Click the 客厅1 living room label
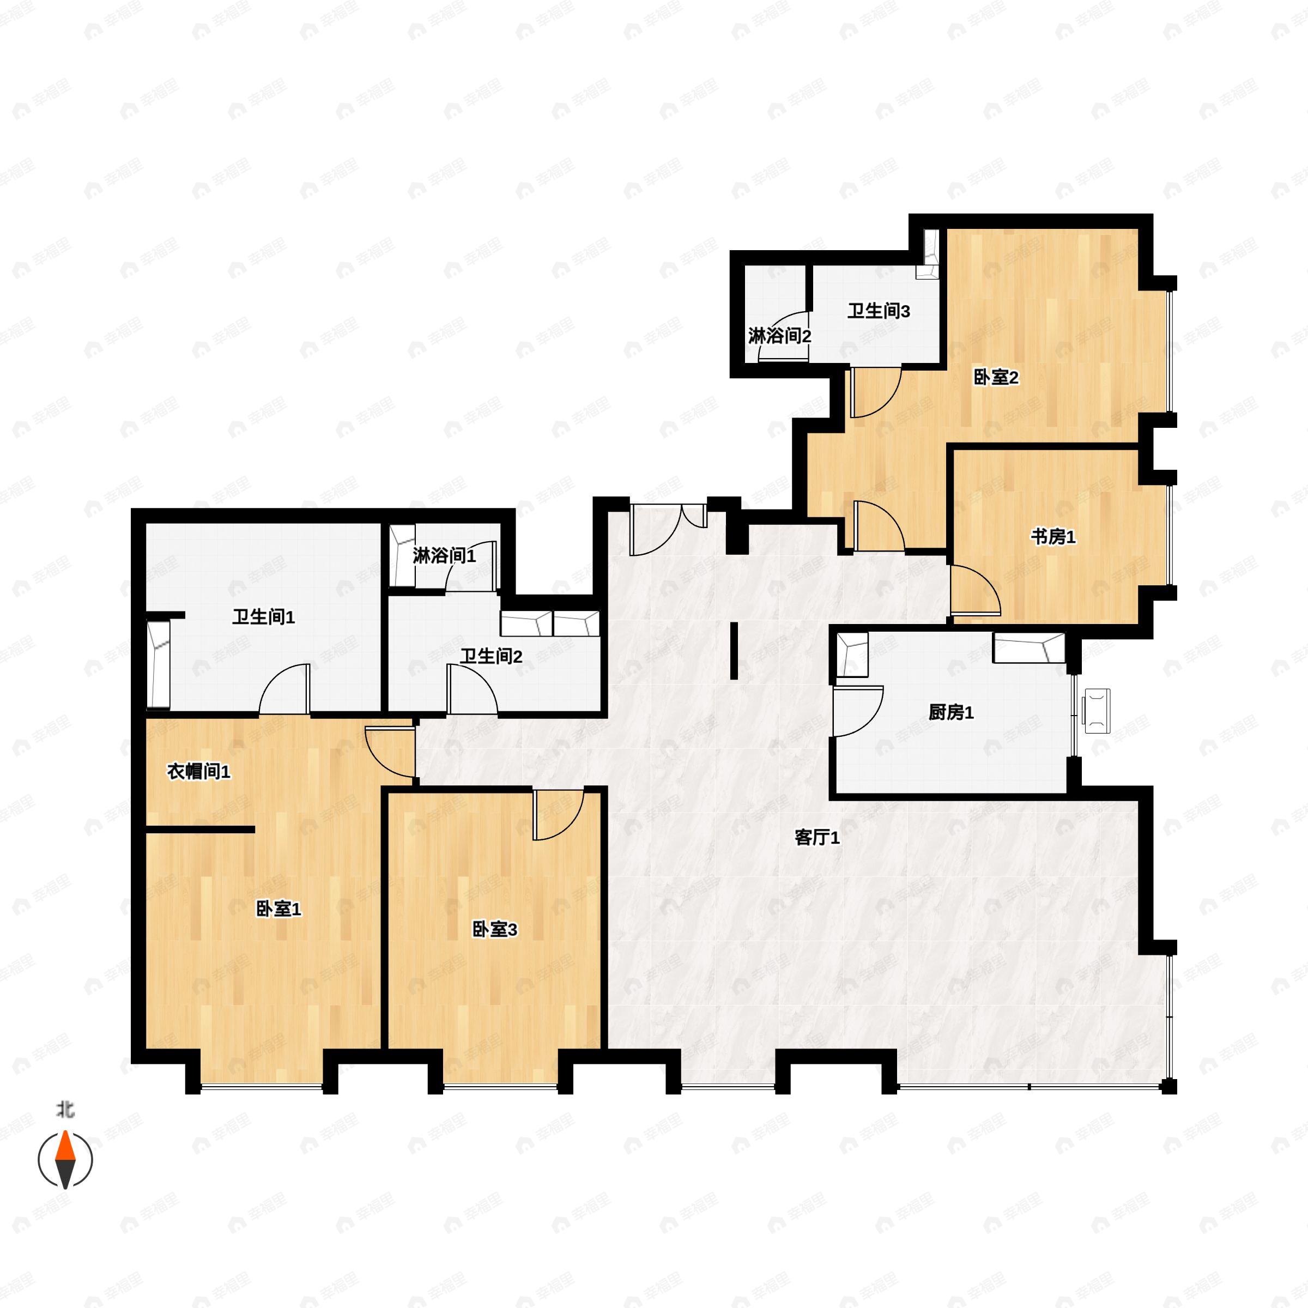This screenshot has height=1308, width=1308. point(817,838)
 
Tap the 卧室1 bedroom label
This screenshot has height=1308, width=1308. point(278,909)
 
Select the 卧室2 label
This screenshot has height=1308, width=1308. point(996,377)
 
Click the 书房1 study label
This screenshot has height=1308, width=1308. point(1053,537)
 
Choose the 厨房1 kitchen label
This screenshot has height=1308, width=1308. point(950,712)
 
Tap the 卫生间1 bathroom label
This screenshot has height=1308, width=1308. point(263,617)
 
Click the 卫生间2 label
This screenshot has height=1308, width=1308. point(491,656)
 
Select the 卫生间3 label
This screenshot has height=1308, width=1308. point(879,311)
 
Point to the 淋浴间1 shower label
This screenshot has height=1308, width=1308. point(444,556)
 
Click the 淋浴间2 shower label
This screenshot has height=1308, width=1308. point(779,336)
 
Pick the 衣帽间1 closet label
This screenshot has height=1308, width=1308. point(199,771)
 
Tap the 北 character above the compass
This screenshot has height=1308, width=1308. point(65,1110)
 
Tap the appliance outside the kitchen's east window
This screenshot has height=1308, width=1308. point(1097,712)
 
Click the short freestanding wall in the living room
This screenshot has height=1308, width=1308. point(734,651)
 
